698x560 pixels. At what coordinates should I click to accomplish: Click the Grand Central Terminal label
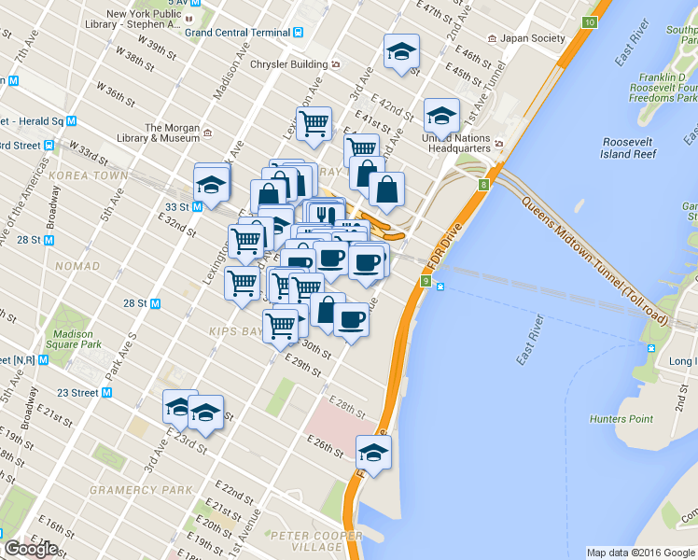point(237,32)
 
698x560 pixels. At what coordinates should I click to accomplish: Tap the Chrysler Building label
point(290,64)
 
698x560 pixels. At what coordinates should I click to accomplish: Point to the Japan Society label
point(533,38)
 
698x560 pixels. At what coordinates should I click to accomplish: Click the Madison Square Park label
point(73,340)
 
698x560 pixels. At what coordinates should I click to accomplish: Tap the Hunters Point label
point(621,419)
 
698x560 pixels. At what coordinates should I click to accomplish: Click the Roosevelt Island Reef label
point(632,148)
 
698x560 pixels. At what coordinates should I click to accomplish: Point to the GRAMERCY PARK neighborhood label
point(140,490)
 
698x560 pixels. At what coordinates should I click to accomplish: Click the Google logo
point(31,549)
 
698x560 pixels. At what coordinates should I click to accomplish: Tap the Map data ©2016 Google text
point(640,553)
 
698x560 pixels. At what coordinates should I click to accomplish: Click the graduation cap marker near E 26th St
point(374,454)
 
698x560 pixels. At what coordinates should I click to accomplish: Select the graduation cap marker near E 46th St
point(401,52)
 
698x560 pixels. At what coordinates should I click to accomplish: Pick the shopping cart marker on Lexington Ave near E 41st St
point(314,122)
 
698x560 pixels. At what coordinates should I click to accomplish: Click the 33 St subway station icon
point(198,207)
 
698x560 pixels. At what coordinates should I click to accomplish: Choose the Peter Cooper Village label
point(314,541)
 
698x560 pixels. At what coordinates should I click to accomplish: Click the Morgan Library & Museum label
point(174,133)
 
